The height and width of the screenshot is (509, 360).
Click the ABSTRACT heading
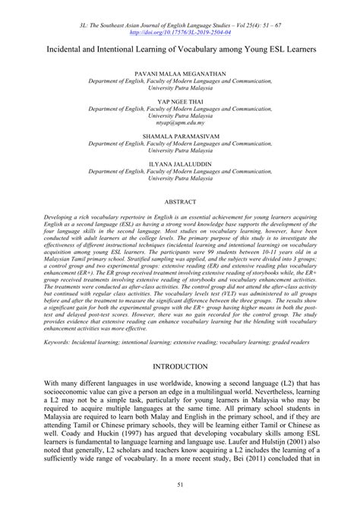coord(180,204)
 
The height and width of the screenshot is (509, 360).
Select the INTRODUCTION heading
coord(180,367)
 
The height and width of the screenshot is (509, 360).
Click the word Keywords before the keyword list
coord(60,342)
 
